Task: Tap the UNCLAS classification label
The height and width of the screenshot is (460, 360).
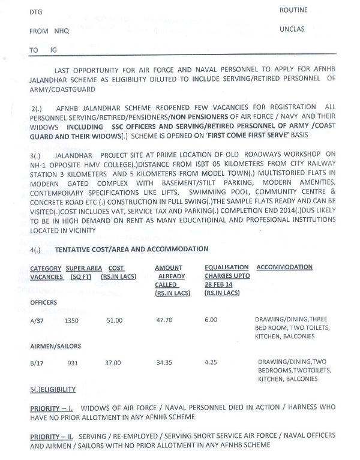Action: pos(293,29)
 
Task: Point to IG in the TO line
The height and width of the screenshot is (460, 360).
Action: pos(49,50)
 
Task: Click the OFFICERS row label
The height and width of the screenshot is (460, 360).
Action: pos(44,303)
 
